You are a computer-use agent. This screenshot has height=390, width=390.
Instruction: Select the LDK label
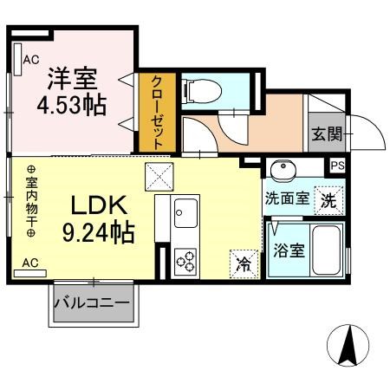(x=99, y=206)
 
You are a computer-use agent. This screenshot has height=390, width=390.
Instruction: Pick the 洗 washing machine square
(x=328, y=198)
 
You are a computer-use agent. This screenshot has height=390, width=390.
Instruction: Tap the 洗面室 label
(x=287, y=198)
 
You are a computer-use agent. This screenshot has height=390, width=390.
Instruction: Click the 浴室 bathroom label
(x=289, y=251)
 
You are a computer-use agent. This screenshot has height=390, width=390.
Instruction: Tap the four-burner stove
(x=186, y=260)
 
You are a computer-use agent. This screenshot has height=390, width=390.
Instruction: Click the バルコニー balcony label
(x=92, y=304)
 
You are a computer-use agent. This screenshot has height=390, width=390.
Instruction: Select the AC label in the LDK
(x=29, y=261)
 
